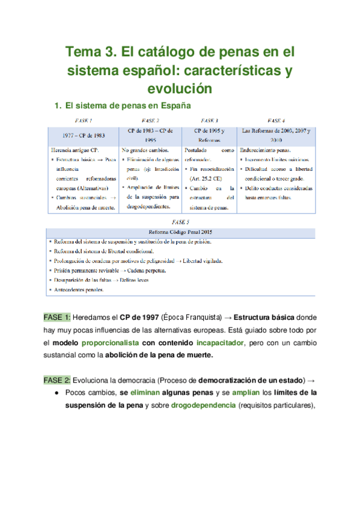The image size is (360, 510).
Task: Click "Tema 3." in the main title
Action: tap(91, 52)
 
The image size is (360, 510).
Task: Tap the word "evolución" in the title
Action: tap(179, 88)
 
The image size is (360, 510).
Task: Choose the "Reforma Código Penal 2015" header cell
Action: tap(180, 231)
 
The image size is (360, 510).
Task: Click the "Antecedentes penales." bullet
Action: tap(80, 289)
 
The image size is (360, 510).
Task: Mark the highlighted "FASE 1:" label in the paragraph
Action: tap(57, 317)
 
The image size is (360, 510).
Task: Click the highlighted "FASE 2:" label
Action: tap(57, 379)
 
